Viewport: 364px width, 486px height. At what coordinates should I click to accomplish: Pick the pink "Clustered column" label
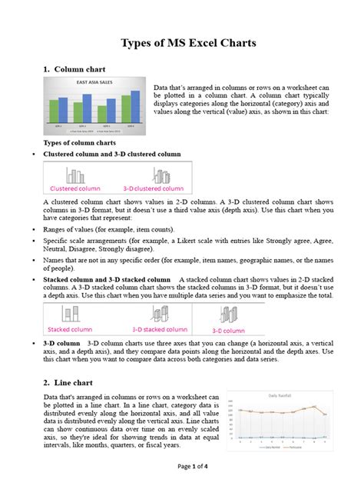[74, 188]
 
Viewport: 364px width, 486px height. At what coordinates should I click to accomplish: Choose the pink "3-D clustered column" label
[153, 188]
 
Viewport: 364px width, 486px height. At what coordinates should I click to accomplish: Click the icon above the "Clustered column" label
[73, 175]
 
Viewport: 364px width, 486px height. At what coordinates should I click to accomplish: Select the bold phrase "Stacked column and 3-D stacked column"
[107, 279]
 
